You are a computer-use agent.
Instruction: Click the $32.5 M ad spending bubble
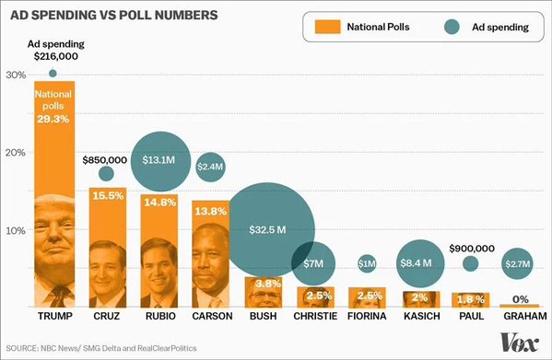[x=267, y=230]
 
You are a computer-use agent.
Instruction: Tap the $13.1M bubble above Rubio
[x=161, y=161]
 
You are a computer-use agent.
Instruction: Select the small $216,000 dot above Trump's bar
[x=53, y=74]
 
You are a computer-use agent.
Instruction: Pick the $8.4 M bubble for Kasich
[x=420, y=263]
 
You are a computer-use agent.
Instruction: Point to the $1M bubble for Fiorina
[x=367, y=263]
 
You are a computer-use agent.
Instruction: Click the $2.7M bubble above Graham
[x=518, y=263]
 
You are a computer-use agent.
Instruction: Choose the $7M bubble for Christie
[x=313, y=263]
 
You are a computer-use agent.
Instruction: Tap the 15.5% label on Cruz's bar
[x=108, y=195]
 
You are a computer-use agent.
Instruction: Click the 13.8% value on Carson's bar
[x=210, y=211]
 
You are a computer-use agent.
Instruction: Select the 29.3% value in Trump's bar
[x=53, y=119]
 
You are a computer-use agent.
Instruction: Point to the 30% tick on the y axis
[x=16, y=75]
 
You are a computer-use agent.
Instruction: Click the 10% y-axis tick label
[x=16, y=230]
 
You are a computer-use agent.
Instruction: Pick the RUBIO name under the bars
[x=160, y=316]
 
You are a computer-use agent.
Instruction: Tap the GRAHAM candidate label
[x=525, y=316]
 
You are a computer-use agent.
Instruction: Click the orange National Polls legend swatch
[x=328, y=27]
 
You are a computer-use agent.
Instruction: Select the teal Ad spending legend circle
[x=452, y=27]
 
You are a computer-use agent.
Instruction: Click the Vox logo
[x=520, y=342]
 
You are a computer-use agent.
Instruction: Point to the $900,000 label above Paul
[x=472, y=249]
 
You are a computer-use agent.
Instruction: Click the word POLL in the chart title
[x=135, y=15]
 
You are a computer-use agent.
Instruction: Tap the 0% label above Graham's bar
[x=521, y=299]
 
